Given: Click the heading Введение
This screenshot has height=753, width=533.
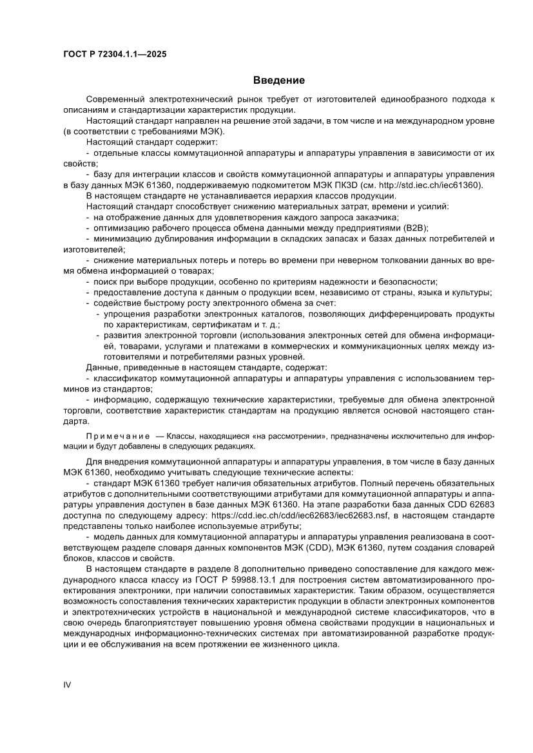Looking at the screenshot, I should [x=278, y=81].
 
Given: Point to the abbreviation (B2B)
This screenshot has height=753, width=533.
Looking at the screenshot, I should [x=414, y=228].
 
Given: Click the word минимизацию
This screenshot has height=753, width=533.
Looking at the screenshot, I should [x=123, y=239].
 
